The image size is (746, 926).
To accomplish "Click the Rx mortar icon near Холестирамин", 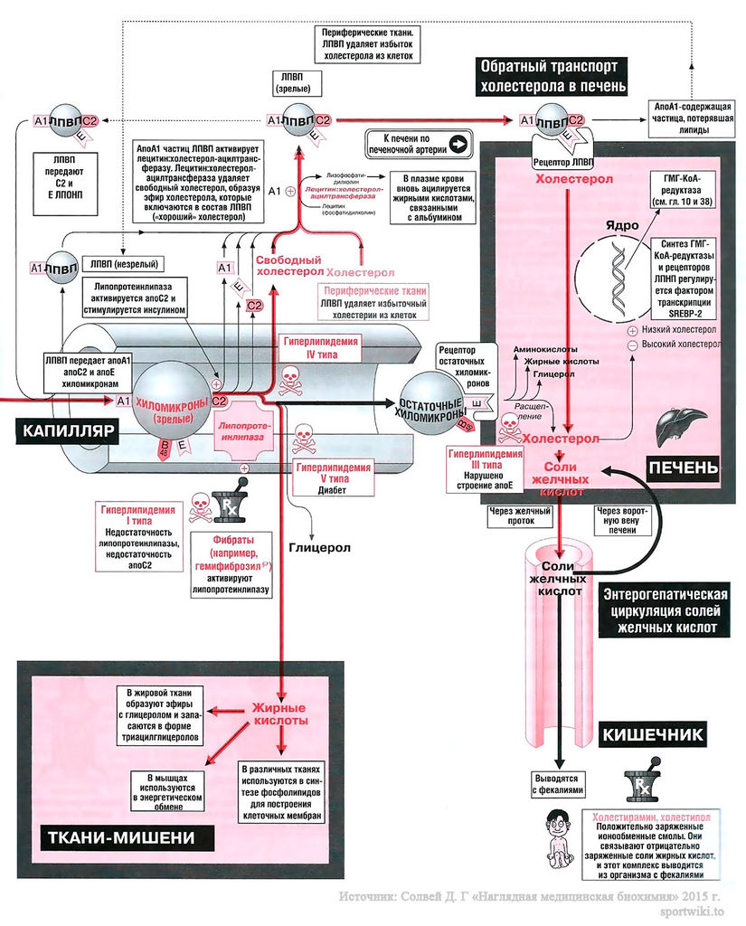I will tap(639, 786).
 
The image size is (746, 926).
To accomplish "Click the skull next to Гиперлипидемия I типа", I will tap(200, 507).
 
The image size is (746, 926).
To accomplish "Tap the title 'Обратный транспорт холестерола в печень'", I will tap(552, 77).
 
